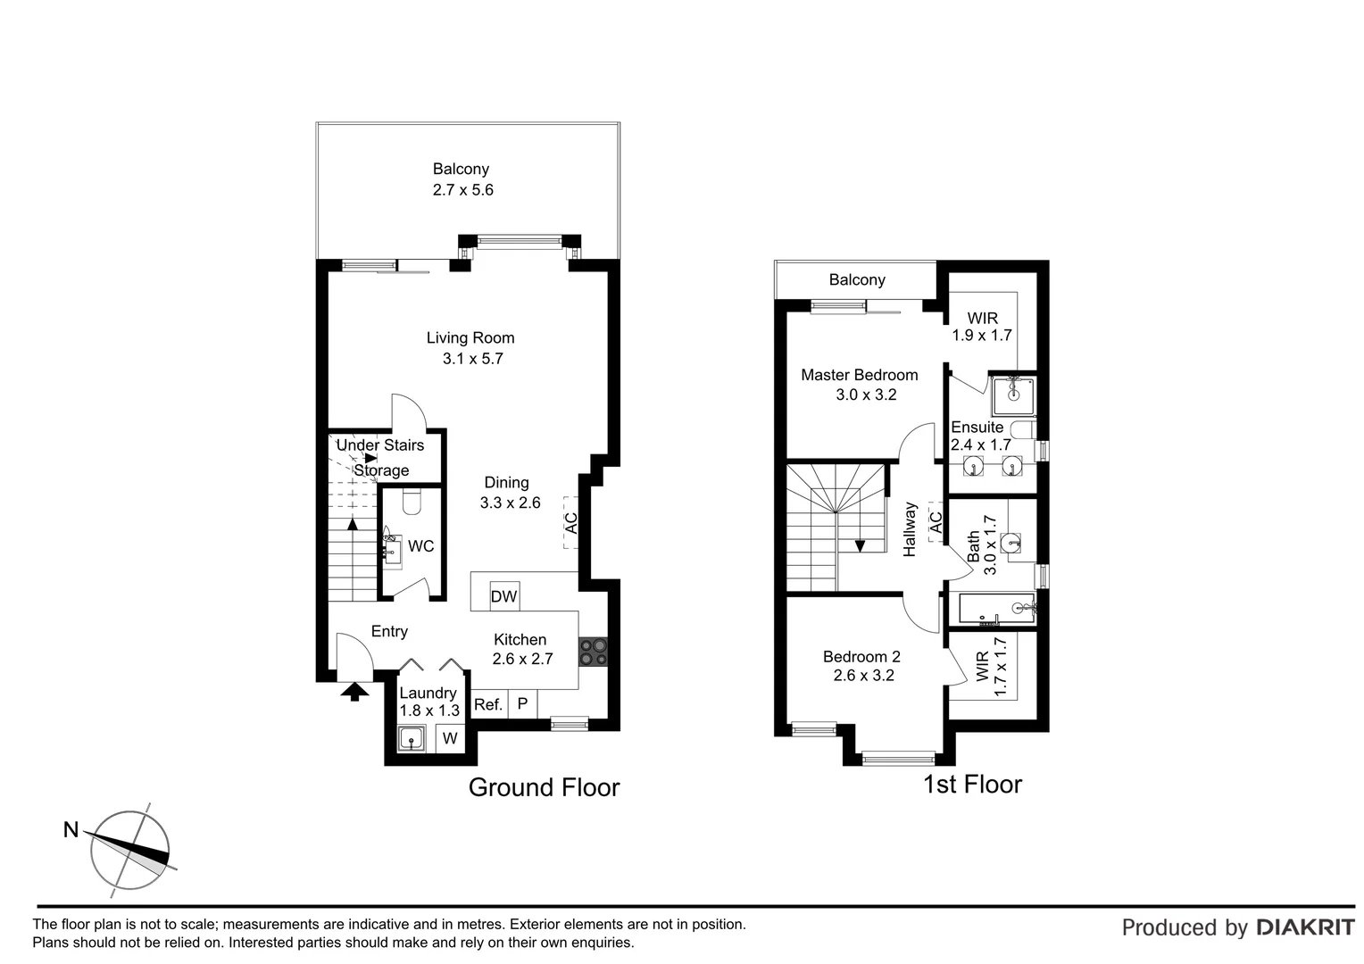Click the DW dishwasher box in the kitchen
coord(504,596)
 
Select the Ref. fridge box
coord(488,704)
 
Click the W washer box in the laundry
coord(450,738)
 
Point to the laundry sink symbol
coord(412,738)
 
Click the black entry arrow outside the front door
coord(354,690)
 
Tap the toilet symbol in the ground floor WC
coord(412,503)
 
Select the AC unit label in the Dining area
coord(570,522)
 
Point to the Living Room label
coord(470,337)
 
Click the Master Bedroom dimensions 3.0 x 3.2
coord(865,395)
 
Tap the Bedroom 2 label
coord(861,656)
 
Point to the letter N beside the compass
coord(71,829)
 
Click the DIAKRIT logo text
coord(1305,927)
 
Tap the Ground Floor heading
coord(544,787)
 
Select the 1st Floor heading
coord(971,784)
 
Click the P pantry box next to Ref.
coord(522,704)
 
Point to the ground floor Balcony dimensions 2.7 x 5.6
coord(462,189)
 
